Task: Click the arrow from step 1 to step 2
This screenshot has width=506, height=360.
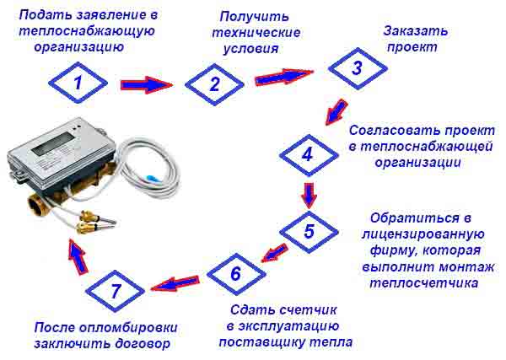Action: [147, 85]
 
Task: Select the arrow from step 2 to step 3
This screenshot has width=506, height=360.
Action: [284, 77]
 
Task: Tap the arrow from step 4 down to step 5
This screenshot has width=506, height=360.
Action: [310, 196]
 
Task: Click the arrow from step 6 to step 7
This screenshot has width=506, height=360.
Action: [175, 283]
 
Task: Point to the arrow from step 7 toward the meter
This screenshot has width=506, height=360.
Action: [78, 257]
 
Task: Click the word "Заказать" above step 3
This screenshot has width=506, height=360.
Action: [416, 31]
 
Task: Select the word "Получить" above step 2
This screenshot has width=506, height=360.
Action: [255, 17]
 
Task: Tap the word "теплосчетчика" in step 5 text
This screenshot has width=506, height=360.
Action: [423, 283]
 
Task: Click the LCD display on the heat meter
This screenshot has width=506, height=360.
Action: [54, 144]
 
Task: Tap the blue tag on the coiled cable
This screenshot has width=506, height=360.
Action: [151, 178]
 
